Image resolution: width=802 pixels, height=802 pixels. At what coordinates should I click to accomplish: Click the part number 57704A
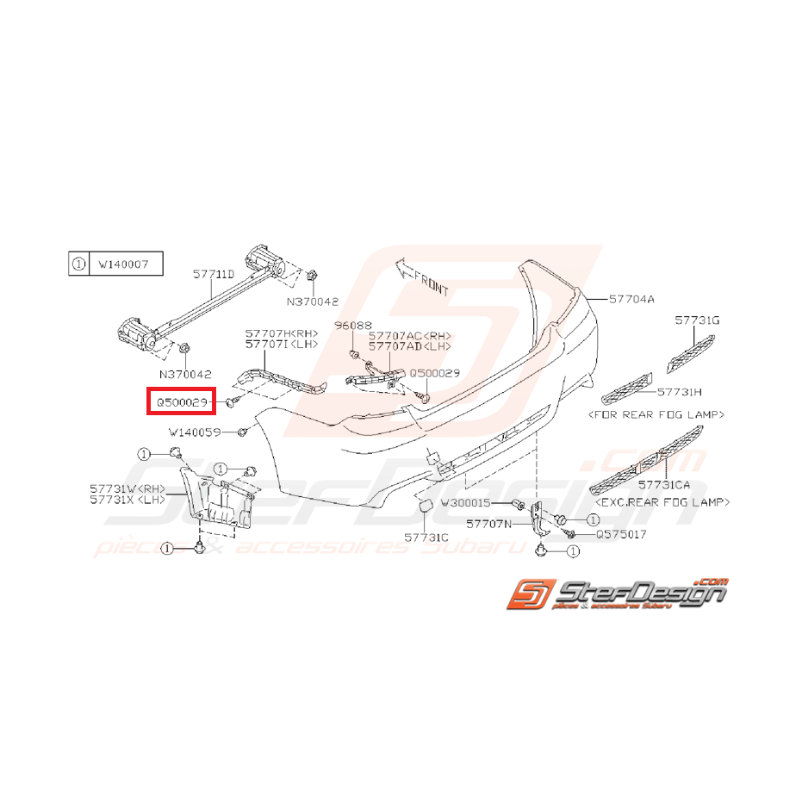(x=632, y=300)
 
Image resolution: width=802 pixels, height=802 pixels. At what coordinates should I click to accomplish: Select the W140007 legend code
(x=124, y=264)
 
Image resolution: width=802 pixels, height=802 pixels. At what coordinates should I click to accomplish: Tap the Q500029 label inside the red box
(x=179, y=401)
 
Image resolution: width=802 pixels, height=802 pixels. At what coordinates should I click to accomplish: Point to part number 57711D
(x=213, y=274)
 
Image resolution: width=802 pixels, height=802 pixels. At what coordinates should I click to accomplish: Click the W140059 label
(x=195, y=432)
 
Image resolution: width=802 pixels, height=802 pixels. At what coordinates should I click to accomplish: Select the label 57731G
(x=696, y=320)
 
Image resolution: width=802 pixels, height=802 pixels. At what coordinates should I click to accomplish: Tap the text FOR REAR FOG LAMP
(x=655, y=414)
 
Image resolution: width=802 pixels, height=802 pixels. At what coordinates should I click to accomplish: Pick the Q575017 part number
(x=621, y=534)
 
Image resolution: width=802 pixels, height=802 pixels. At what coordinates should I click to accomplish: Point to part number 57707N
(x=488, y=523)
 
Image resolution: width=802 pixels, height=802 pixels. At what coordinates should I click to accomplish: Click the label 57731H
(x=680, y=391)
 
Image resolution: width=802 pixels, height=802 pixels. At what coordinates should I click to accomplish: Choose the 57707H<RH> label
(x=281, y=333)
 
